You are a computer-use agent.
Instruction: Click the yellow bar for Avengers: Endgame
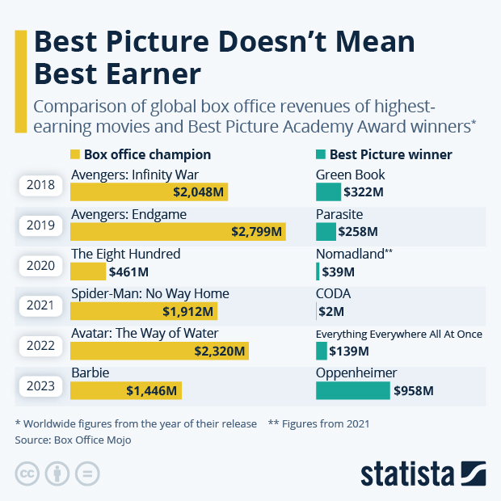pyautogui.click(x=178, y=232)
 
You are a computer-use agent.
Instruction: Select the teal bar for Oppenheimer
pyautogui.click(x=352, y=391)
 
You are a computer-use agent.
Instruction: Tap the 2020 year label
pyautogui.click(x=40, y=265)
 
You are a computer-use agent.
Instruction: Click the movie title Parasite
pyautogui.click(x=339, y=214)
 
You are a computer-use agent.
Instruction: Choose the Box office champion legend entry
pyautogui.click(x=141, y=154)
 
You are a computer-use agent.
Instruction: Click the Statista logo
pyautogui.click(x=423, y=472)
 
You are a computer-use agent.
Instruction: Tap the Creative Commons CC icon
pyautogui.click(x=27, y=473)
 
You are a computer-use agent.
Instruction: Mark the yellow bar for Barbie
pyautogui.click(x=126, y=391)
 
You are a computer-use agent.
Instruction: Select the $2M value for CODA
pyautogui.click(x=333, y=312)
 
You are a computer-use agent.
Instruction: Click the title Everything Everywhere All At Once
pyautogui.click(x=398, y=334)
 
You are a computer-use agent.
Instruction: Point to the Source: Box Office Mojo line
pyautogui.click(x=73, y=440)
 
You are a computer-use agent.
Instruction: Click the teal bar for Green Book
pyautogui.click(x=328, y=192)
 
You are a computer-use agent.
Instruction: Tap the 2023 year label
pyautogui.click(x=40, y=385)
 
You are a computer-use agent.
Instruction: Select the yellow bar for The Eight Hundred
pyautogui.click(x=88, y=272)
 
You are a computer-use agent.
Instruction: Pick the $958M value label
pyautogui.click(x=414, y=391)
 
